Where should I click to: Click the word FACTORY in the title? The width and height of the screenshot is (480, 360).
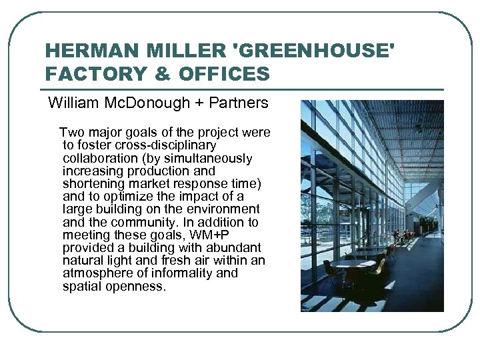pos(93,73)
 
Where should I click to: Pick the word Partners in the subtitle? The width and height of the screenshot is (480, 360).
pos(239,103)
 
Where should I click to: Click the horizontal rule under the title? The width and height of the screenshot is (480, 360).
pos(243,89)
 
